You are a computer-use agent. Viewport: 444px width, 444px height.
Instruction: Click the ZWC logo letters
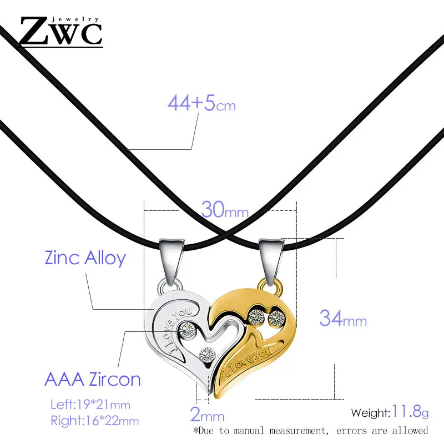point(61,32)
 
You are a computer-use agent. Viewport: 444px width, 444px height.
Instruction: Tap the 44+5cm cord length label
point(201,103)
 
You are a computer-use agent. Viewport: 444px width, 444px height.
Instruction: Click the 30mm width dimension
point(224,210)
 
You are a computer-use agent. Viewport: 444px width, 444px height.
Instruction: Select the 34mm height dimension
point(342,320)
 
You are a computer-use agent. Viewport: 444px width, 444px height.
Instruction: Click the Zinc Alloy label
point(85,258)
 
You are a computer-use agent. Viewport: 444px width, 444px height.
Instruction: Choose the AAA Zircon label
point(92,380)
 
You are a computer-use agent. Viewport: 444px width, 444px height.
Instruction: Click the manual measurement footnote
point(310,430)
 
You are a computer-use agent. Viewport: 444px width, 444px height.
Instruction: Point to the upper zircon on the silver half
point(185,330)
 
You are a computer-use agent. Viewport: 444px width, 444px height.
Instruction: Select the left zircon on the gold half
point(256,317)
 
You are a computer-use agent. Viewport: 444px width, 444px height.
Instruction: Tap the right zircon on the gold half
point(276,318)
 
